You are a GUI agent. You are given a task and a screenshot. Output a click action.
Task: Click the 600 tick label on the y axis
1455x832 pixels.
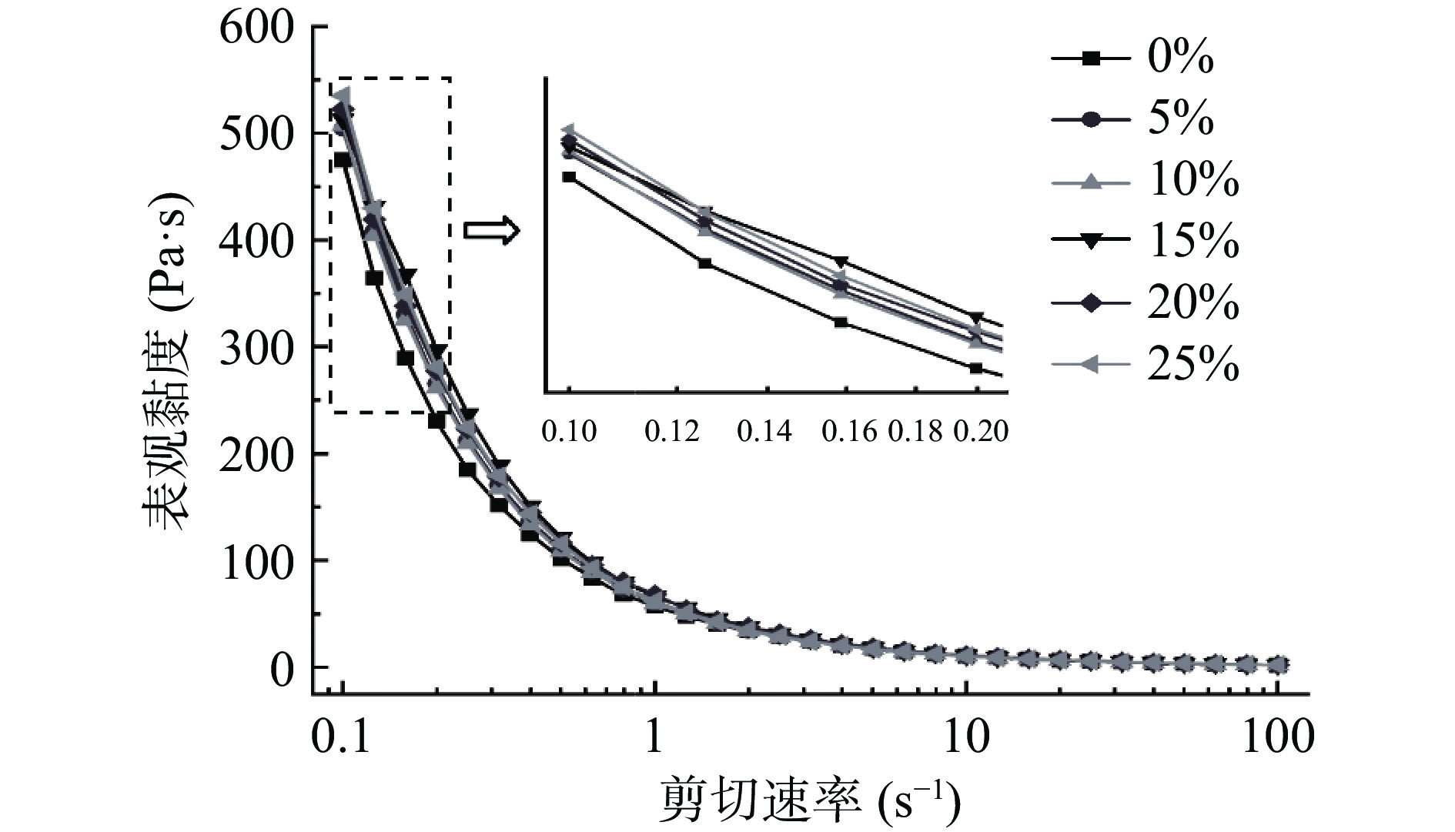[x=256, y=28]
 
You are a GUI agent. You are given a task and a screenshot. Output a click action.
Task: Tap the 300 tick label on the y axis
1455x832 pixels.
[x=256, y=349]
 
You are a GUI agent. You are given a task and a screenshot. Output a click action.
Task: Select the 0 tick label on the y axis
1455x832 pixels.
[x=282, y=671]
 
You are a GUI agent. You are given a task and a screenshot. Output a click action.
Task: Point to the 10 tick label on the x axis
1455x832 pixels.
[x=966, y=737]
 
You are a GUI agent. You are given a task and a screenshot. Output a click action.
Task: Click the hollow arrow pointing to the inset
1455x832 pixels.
[x=491, y=230]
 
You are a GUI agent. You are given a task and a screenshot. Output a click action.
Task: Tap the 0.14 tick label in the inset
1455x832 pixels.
[x=764, y=432]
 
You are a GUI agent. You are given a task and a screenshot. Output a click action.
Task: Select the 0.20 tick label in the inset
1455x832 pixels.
[x=981, y=432]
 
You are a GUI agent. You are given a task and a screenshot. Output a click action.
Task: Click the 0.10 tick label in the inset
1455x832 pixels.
[x=569, y=432]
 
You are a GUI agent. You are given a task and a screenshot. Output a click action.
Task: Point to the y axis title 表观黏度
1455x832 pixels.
[x=166, y=362]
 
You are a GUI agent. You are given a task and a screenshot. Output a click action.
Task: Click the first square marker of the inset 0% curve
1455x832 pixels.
[x=569, y=177]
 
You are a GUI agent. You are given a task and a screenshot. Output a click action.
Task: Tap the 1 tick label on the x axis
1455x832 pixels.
[x=654, y=737]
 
